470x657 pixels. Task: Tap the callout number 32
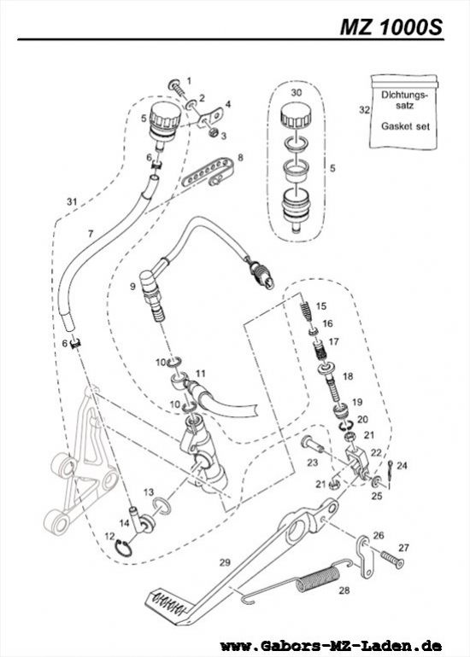[x=364, y=109]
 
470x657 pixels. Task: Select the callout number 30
[x=297, y=90]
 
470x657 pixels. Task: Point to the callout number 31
[x=72, y=201]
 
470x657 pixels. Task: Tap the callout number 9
[x=132, y=287]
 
